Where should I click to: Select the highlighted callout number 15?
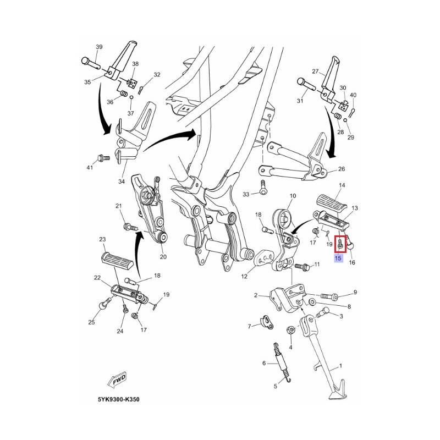338,258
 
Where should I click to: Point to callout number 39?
99,47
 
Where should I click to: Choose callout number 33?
246,194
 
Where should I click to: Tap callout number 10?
292,196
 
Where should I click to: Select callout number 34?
121,181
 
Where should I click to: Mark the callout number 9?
355,292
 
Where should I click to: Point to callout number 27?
315,71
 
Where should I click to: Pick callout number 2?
256,295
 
